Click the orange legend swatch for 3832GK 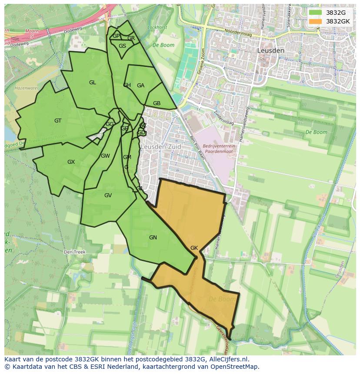tap(316, 21)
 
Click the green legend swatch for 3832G tap(316, 13)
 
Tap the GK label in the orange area tap(194, 248)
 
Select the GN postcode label tap(153, 238)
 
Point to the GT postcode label tap(58, 121)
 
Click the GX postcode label tap(71, 162)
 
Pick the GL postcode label tap(93, 83)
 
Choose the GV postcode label tap(108, 195)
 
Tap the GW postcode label tap(105, 156)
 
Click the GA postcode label tap(140, 86)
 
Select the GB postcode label tap(157, 103)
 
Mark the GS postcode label tap(122, 46)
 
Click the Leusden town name tap(270, 50)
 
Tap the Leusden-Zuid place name tap(160, 147)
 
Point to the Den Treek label tap(74, 252)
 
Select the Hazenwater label tap(27, 88)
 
